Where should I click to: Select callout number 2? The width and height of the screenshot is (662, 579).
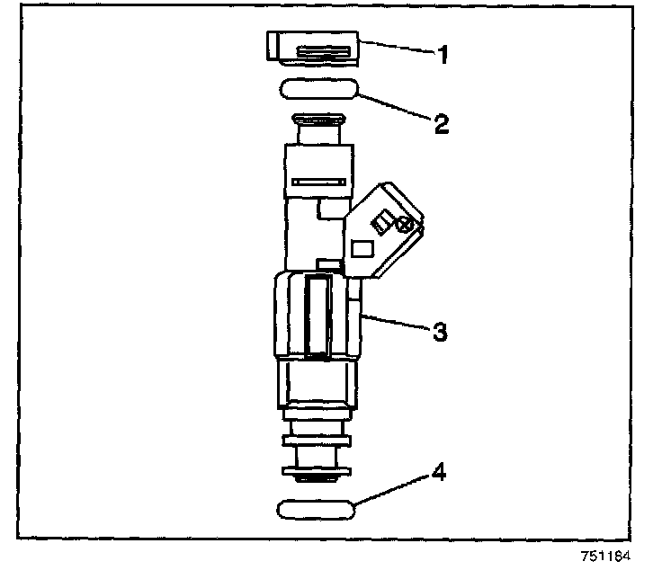(x=441, y=123)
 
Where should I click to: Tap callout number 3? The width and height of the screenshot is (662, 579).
(x=439, y=332)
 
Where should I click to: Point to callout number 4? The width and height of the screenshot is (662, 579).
(x=439, y=472)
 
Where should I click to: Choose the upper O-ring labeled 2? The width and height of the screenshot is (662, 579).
(x=320, y=90)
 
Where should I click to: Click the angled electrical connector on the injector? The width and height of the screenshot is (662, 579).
(x=381, y=229)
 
